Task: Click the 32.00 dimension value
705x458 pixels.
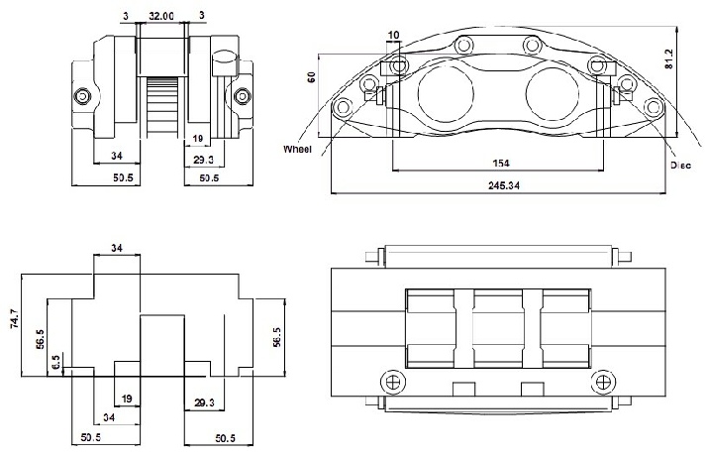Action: tap(161, 16)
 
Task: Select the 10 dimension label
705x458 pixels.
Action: tap(393, 35)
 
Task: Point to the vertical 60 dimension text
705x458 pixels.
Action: tap(311, 76)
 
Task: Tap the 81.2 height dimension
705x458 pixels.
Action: tap(669, 59)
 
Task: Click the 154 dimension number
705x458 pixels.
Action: tap(501, 163)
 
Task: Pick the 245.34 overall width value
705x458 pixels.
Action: tap(504, 185)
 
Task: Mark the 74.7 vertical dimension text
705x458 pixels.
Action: tap(14, 318)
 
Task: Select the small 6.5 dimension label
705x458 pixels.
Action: tap(55, 363)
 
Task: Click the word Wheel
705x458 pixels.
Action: tap(297, 149)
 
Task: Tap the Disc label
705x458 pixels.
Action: tap(680, 166)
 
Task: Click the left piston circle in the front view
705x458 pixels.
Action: tap(446, 93)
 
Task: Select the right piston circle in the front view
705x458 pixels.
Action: tap(553, 93)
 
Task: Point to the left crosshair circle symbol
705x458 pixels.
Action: tap(393, 382)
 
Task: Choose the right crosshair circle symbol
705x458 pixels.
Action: tap(603, 382)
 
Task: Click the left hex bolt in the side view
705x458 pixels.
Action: tap(82, 96)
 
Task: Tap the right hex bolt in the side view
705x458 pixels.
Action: tap(243, 96)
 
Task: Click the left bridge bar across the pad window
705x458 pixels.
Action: tap(463, 328)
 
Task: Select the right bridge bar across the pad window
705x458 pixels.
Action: tap(533, 328)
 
